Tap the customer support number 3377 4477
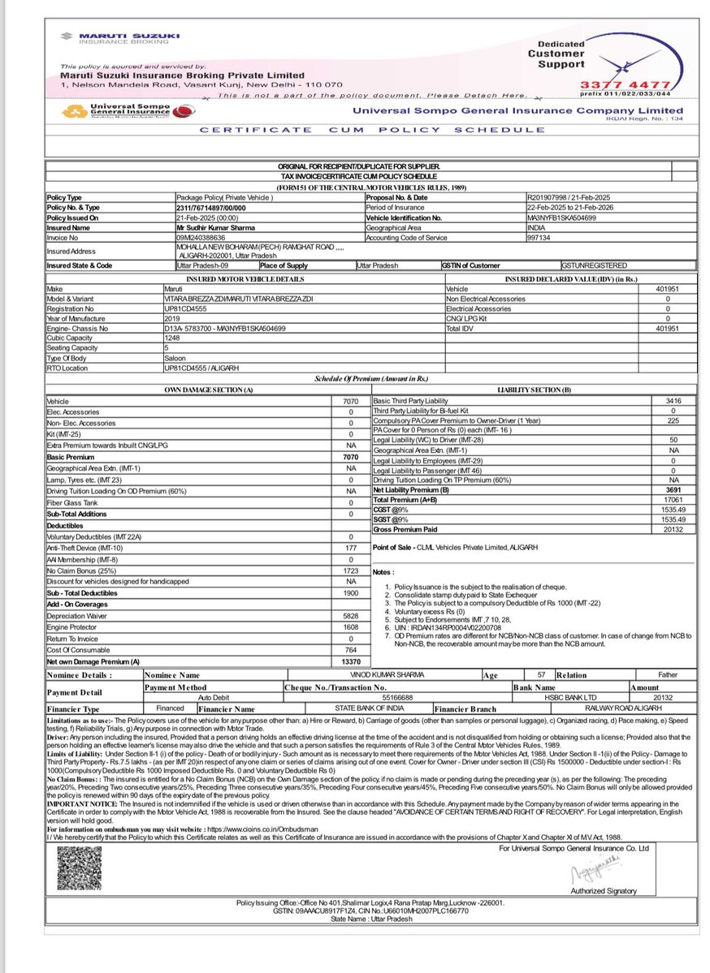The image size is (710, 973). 625,84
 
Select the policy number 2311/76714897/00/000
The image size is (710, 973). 211,208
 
